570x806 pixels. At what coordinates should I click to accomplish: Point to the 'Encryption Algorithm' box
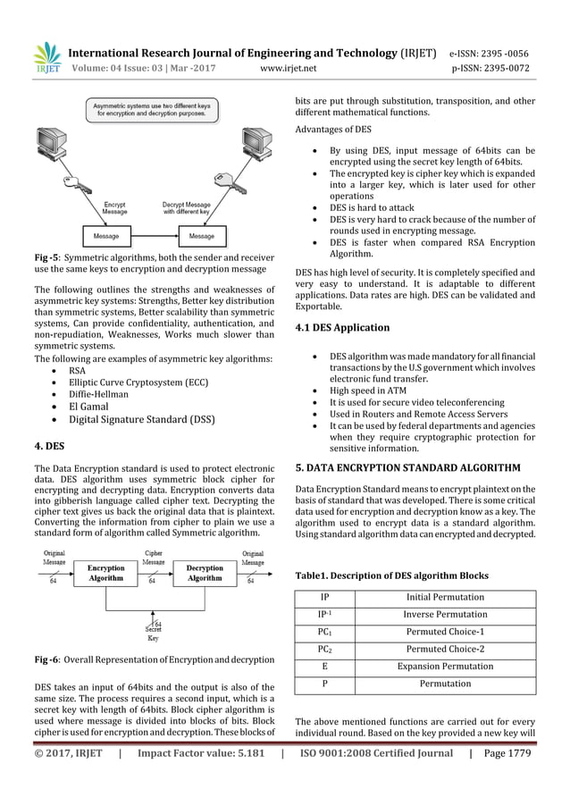(x=105, y=573)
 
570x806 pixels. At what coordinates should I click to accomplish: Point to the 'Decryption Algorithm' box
(x=205, y=573)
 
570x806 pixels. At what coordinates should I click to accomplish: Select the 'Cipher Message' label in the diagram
(x=154, y=558)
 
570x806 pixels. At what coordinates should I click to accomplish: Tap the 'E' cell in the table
(x=323, y=666)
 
